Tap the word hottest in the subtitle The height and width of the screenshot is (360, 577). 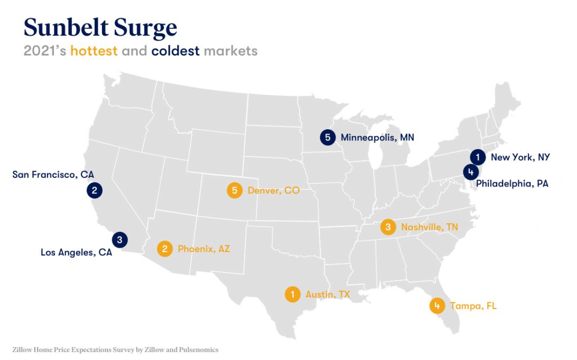pos(94,51)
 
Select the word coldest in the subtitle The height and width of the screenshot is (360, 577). pos(175,51)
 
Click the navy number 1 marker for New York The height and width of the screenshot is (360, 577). pos(478,157)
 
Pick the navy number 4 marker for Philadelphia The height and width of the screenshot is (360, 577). pos(470,172)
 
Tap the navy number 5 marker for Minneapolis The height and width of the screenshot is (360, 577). pos(328,137)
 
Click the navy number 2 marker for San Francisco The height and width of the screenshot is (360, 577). pos(94,190)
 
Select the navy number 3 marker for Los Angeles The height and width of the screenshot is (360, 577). pos(120,240)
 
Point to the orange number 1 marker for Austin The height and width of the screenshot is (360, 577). pos(292,294)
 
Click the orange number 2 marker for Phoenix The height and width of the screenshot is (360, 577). pos(165,248)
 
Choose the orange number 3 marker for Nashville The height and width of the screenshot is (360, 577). pos(388,227)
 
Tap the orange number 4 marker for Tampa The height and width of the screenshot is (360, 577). pos(437,306)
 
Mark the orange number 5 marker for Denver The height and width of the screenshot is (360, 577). pos(234,190)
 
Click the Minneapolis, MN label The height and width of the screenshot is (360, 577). pos(377,138)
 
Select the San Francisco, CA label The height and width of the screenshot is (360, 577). pos(53,175)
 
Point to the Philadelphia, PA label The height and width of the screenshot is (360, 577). pos(512,184)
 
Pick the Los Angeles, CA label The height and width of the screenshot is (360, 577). pos(76,253)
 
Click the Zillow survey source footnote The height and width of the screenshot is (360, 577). pos(115,350)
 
